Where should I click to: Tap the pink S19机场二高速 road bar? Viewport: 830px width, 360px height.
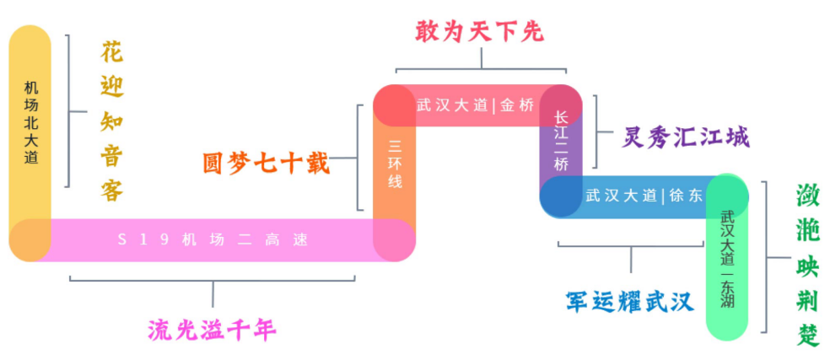pyautogui.click(x=211, y=240)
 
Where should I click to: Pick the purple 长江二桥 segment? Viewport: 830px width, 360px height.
pyautogui.click(x=561, y=140)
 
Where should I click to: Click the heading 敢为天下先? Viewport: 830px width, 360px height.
pyautogui.click(x=480, y=31)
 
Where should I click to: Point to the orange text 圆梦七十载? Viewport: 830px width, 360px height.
pyautogui.click(x=266, y=162)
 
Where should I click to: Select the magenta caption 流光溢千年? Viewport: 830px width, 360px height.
pyautogui.click(x=213, y=329)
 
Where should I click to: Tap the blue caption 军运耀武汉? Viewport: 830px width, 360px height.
pyautogui.click(x=628, y=301)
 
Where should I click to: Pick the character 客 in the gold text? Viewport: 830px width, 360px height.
pyautogui.click(x=111, y=191)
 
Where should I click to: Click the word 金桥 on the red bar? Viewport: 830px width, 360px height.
pyautogui.click(x=517, y=105)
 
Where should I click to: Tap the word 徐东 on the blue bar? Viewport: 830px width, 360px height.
pyautogui.click(x=685, y=196)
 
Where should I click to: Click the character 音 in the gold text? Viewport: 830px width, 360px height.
pyautogui.click(x=111, y=155)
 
